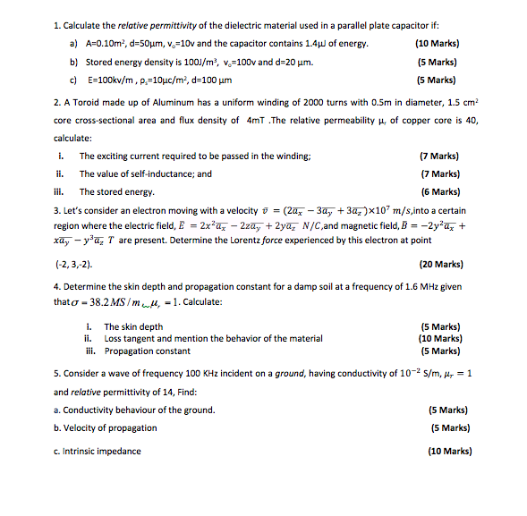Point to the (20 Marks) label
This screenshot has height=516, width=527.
440,265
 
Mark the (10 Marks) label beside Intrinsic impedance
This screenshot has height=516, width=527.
450,452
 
